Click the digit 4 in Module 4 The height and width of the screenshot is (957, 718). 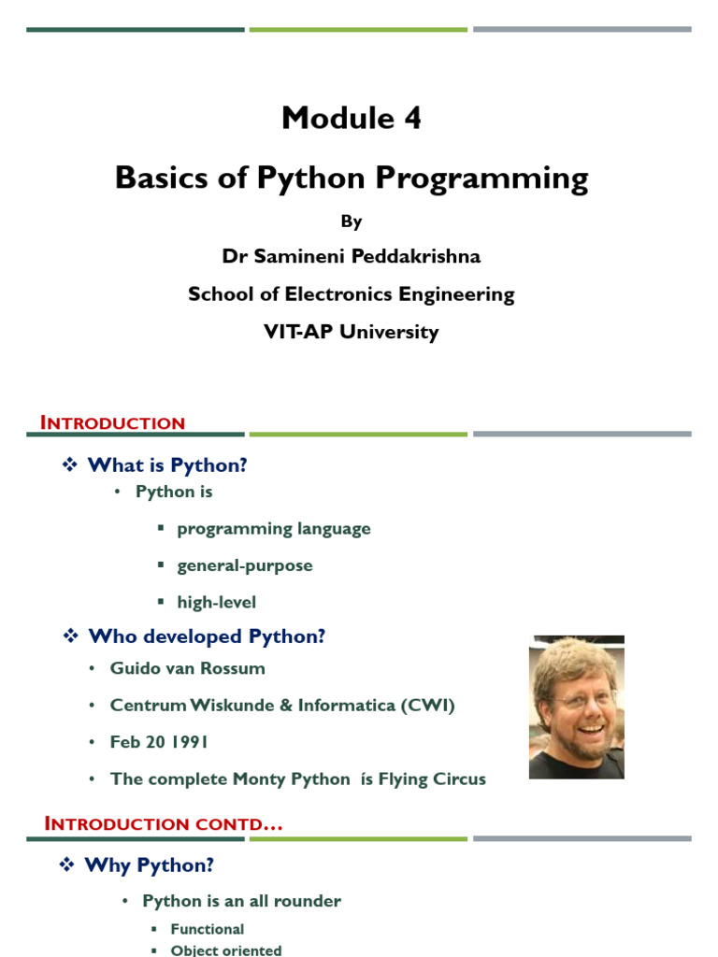pos(412,118)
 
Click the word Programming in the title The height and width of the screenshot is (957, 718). pos(481,179)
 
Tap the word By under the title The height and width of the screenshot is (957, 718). pos(352,221)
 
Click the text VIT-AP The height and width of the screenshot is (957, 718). pos(298,332)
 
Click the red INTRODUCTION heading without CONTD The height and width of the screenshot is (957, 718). pos(112,422)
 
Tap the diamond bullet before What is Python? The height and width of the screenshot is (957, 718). pos(69,465)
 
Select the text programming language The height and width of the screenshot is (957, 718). pos(274,529)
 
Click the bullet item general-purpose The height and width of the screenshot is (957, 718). pos(245,565)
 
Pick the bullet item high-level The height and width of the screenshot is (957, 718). pos(217,603)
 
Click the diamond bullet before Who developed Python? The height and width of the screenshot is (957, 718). pos(71,636)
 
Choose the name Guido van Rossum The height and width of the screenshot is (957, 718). pos(187,668)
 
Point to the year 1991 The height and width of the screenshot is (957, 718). pos(189,742)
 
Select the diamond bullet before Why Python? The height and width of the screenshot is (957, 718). pos(66,864)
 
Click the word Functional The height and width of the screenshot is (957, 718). pos(208,929)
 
